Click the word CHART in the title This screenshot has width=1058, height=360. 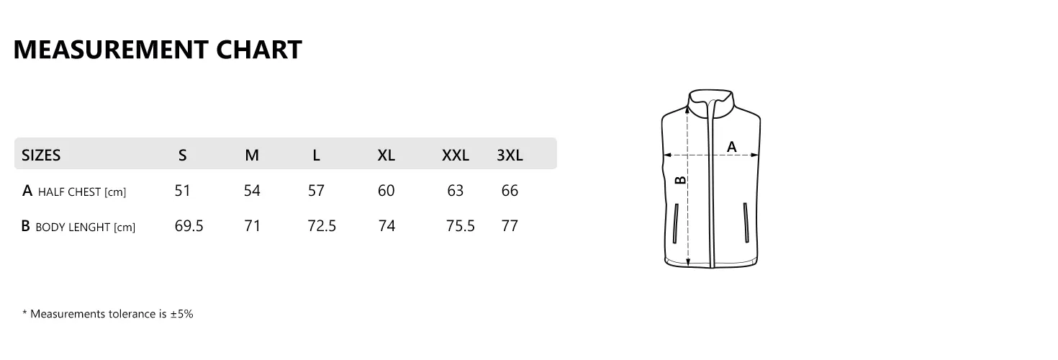click(259, 50)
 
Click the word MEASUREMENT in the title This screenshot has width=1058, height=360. click(111, 50)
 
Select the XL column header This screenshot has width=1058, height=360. click(386, 155)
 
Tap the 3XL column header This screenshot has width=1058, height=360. click(510, 155)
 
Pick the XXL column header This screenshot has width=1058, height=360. click(456, 155)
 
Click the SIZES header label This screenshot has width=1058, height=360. click(41, 155)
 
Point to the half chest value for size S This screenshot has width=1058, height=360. click(182, 190)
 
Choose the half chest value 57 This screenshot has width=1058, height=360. click(316, 190)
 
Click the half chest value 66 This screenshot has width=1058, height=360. click(510, 190)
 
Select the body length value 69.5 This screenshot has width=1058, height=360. click(189, 226)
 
